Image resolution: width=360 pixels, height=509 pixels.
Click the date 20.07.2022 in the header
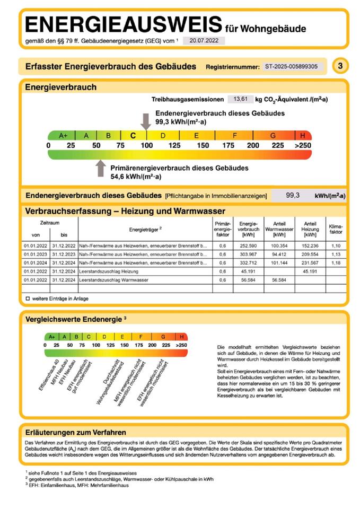[204, 41]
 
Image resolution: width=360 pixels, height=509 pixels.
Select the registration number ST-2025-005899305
[291, 67]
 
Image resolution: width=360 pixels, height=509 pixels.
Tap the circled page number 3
[340, 66]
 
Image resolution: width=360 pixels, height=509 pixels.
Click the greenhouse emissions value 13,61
[237, 99]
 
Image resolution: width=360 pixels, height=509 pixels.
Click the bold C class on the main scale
[134, 135]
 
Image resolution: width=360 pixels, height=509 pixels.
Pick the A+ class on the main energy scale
[63, 135]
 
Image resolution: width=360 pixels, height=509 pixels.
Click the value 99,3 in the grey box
[293, 196]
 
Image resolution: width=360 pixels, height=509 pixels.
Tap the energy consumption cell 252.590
[249, 246]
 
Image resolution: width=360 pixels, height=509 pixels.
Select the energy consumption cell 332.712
[249, 263]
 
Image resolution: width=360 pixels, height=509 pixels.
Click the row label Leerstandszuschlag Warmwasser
[113, 280]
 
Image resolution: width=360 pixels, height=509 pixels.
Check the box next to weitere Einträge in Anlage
[28, 299]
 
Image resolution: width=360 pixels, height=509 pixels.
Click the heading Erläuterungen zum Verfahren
[76, 432]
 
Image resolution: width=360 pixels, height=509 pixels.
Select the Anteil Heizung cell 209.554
[310, 254]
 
